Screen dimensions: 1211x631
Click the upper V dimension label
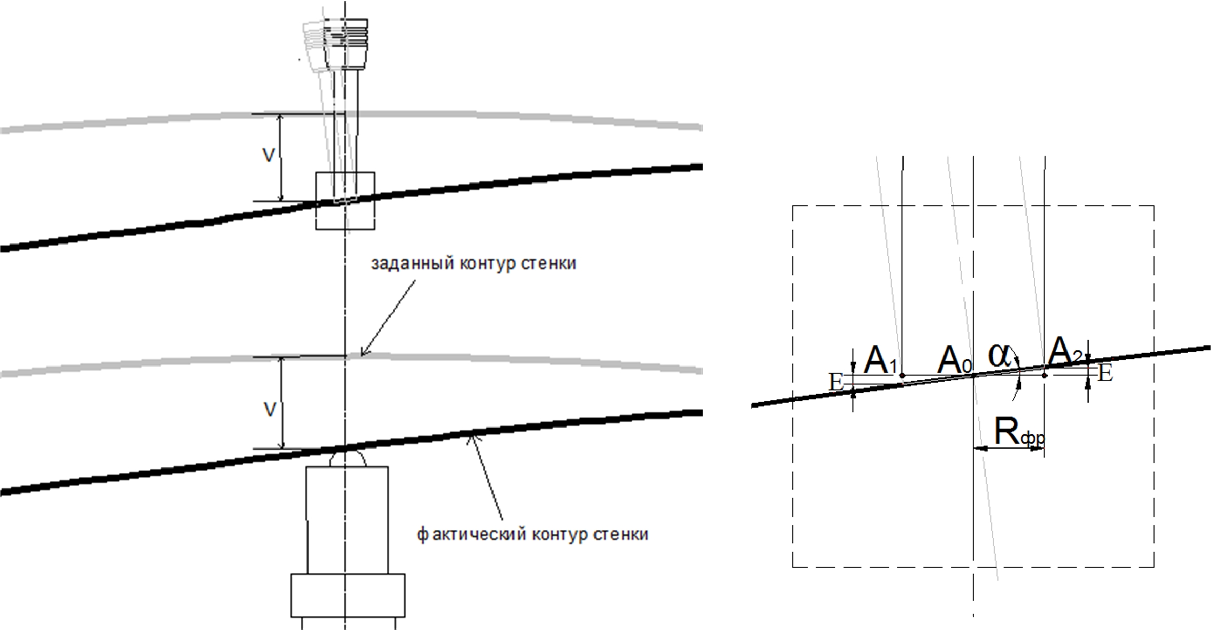click(269, 156)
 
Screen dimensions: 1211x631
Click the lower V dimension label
click(270, 410)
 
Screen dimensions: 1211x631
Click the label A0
click(954, 360)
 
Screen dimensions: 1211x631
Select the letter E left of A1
click(836, 382)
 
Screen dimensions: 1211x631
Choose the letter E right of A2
click(1106, 374)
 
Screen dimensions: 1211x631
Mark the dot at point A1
click(902, 375)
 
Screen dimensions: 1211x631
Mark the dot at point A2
click(1044, 375)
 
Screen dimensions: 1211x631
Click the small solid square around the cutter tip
click(345, 200)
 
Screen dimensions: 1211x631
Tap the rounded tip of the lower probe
click(347, 458)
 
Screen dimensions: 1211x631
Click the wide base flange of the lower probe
click(348, 595)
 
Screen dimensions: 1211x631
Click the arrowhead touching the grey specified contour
click(362, 354)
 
